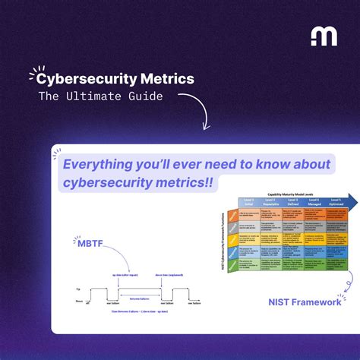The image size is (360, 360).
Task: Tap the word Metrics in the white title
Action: point(167,78)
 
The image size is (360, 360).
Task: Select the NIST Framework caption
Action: point(305,282)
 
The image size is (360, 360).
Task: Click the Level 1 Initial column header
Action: point(249,202)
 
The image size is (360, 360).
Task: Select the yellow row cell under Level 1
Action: point(249,237)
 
